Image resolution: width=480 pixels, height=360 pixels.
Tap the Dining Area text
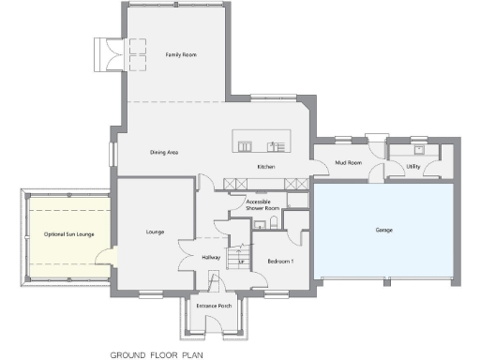(164, 152)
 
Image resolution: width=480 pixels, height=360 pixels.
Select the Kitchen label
(266, 168)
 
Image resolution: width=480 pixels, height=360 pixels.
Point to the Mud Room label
(348, 162)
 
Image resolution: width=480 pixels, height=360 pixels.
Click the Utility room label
(412, 167)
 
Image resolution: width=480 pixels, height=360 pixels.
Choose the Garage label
(383, 230)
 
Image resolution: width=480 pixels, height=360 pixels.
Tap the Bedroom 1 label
(280, 262)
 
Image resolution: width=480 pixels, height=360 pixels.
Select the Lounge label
(156, 231)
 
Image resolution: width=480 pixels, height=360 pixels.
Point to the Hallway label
(211, 256)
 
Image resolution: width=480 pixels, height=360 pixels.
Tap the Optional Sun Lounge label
(67, 234)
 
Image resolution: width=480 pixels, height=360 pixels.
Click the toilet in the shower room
(272, 222)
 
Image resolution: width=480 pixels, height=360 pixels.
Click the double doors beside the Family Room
(109, 54)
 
